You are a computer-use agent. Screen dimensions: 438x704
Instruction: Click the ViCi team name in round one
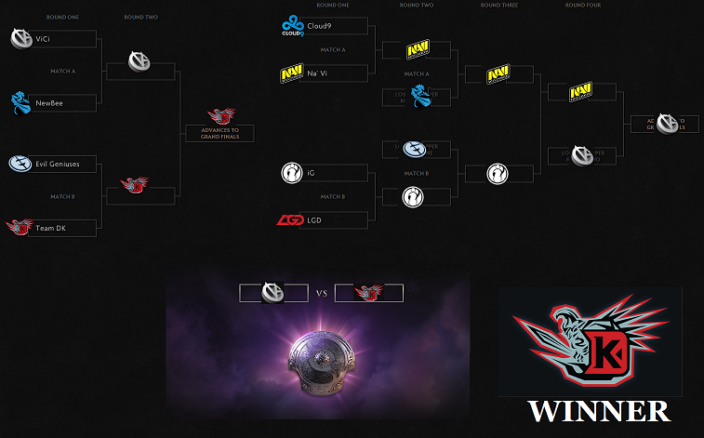coord(45,39)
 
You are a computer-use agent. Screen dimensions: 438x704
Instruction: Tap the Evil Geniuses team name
coord(58,165)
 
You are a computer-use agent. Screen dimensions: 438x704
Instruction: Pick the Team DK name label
coord(51,228)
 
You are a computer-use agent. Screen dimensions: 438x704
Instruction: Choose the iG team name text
coord(311,172)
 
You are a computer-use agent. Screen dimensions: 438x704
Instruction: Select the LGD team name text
coord(316,220)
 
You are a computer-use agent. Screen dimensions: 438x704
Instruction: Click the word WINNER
coord(599,411)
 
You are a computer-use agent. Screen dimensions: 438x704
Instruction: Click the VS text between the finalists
coord(322,293)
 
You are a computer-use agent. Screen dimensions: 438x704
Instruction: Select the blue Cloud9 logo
coord(293,25)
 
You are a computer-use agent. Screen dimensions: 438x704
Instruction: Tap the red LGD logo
coord(290,220)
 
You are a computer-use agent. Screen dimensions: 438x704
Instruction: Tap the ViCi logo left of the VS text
coord(273,293)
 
